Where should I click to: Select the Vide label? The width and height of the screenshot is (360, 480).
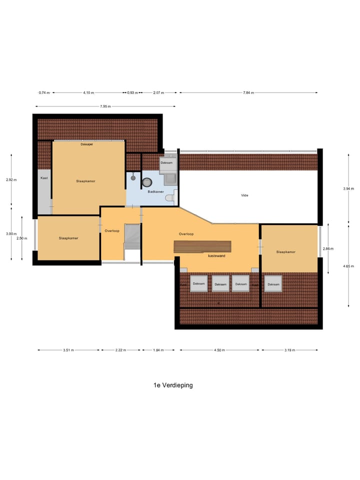click(x=244, y=195)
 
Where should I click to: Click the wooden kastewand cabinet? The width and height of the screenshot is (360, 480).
click(x=202, y=246)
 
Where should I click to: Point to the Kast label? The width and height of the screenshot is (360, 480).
click(x=44, y=178)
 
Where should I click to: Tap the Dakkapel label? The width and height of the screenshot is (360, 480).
click(x=86, y=144)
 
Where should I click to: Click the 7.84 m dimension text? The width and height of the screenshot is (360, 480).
click(x=248, y=93)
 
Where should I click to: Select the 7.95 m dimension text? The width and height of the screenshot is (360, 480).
click(x=105, y=106)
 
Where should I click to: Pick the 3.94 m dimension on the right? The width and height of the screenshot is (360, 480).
click(x=348, y=189)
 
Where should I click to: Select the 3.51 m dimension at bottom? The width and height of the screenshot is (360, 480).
click(x=68, y=350)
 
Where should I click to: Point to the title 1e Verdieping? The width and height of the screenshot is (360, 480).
click(x=173, y=385)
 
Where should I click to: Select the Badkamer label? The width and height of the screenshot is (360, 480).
click(x=155, y=191)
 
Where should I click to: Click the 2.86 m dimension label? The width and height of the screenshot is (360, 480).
click(x=328, y=248)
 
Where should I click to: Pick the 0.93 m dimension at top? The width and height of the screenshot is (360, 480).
click(x=132, y=93)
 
